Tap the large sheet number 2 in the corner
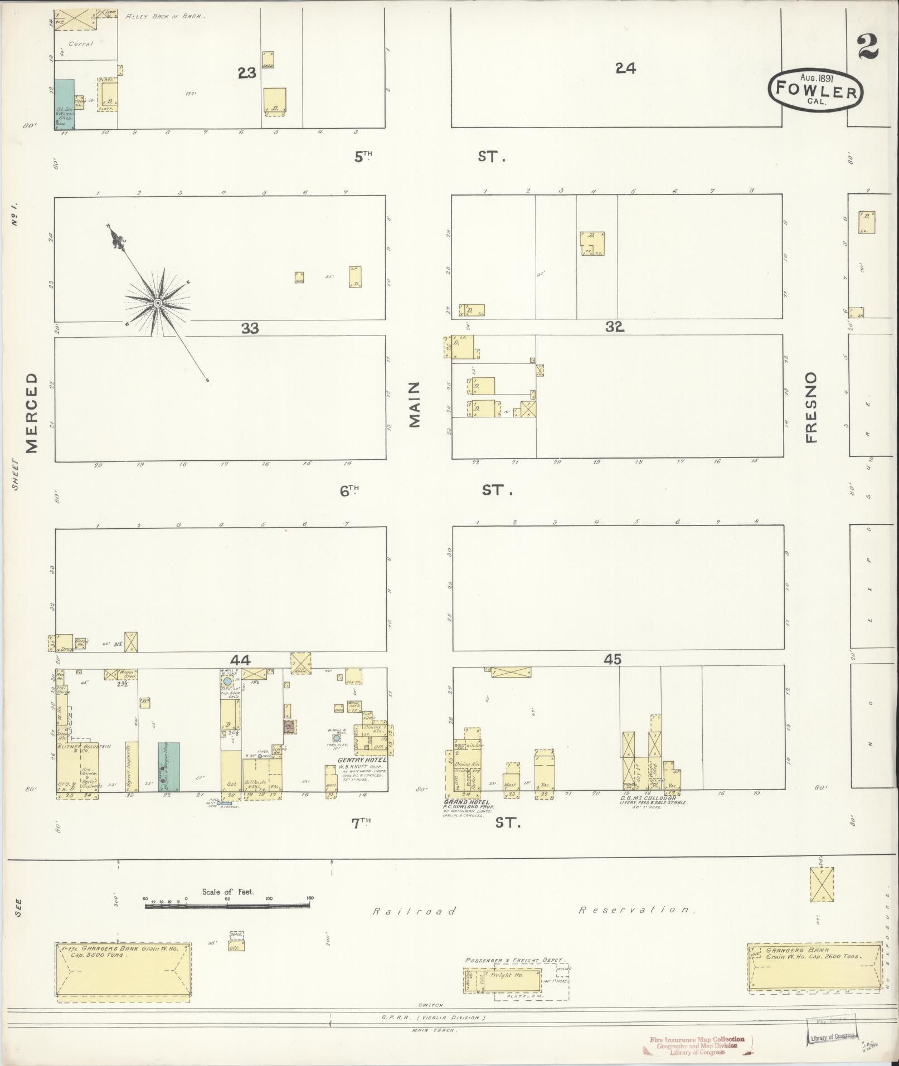868,46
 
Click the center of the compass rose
158,303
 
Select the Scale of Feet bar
227,906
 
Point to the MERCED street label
32,412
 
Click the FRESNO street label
810,407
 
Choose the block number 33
250,329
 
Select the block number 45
613,660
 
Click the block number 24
625,68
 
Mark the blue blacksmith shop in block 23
64,104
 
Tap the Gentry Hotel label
362,760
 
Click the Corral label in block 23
81,43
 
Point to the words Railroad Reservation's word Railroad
414,912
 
